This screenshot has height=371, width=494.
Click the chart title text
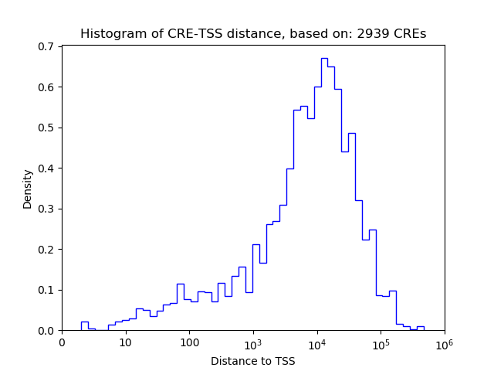(x=253, y=34)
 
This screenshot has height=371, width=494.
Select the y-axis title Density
(x=28, y=189)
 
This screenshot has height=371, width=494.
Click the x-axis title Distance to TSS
(x=253, y=361)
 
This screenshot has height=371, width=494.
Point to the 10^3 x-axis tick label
(x=253, y=342)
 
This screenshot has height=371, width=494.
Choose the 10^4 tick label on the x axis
(x=317, y=342)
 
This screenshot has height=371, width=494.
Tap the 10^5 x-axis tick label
(x=381, y=342)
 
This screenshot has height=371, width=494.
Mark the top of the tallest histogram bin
(x=324, y=59)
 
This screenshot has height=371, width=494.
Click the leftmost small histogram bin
(x=84, y=326)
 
